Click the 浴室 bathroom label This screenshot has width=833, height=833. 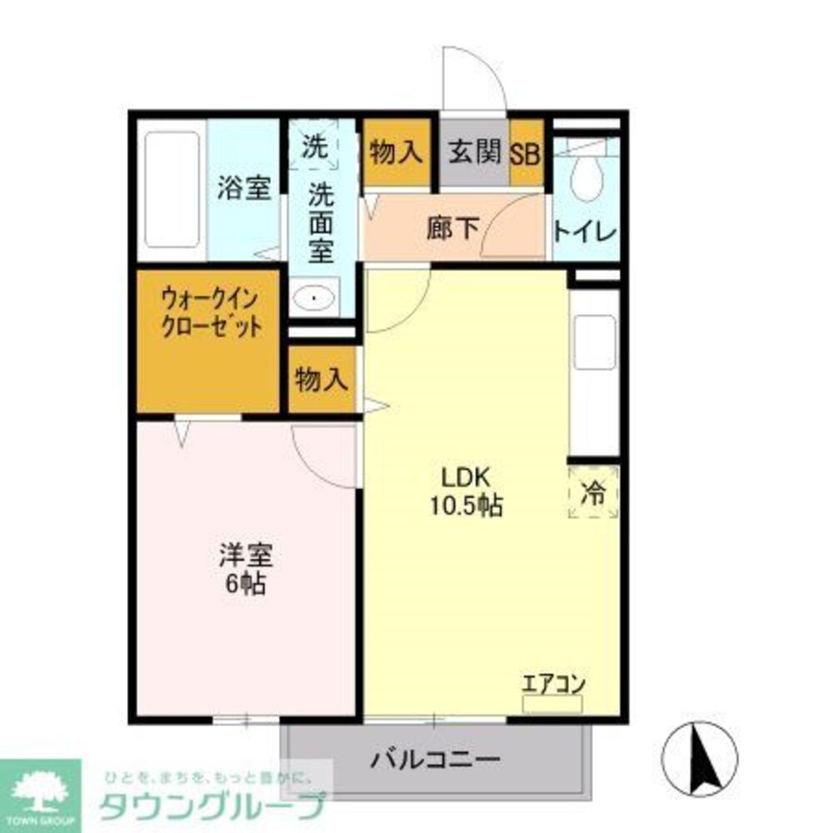[x=243, y=189]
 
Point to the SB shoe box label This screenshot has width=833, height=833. [x=526, y=153]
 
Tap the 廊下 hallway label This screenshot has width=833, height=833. [x=453, y=228]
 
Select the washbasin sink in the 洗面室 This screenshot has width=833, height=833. [x=315, y=297]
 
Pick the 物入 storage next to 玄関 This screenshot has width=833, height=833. [x=397, y=152]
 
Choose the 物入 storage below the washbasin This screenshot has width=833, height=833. [x=321, y=380]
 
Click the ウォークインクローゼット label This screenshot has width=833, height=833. [x=209, y=311]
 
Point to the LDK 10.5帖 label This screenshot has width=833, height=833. [x=466, y=491]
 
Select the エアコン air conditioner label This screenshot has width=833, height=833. [x=553, y=685]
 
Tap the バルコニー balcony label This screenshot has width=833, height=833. [x=436, y=760]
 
